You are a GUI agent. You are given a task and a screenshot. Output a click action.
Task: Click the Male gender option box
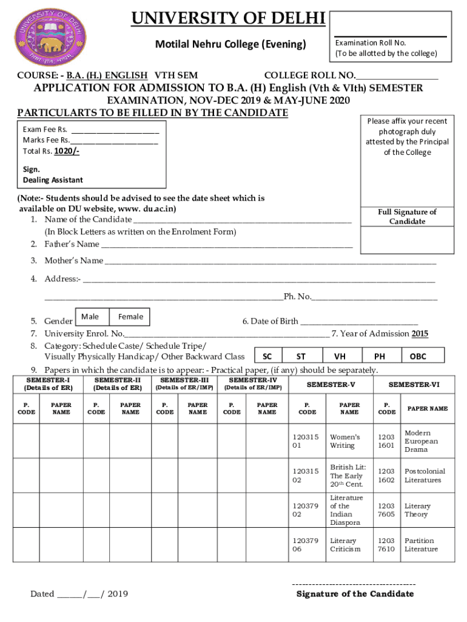[90, 316]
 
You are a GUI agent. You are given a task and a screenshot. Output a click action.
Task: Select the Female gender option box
[130, 316]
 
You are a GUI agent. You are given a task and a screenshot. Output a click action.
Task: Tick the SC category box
[267, 357]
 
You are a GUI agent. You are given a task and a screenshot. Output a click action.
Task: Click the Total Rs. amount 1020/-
[67, 151]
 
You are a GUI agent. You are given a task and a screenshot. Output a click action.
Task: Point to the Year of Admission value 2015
[420, 333]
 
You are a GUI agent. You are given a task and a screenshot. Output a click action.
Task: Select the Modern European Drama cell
[421, 441]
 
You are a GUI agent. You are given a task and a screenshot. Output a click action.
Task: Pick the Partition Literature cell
[421, 545]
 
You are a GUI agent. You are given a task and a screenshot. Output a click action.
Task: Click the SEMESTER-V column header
[331, 384]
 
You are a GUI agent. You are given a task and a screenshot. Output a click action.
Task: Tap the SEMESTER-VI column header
[414, 384]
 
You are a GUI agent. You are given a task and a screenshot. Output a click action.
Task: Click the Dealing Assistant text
[53, 180]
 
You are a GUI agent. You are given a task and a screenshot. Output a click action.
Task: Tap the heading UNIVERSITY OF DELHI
[229, 20]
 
